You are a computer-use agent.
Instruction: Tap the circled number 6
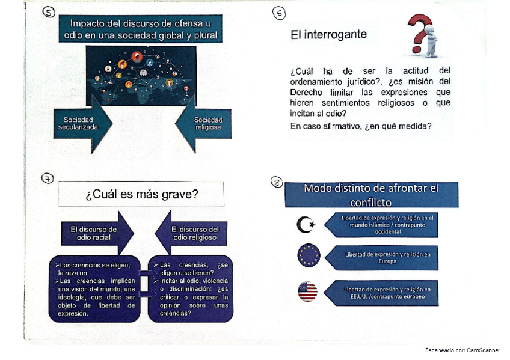279,13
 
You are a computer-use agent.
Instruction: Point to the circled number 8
277,182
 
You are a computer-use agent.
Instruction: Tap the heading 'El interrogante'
328,35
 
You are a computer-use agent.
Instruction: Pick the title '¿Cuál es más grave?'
141,194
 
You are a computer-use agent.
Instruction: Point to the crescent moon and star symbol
306,224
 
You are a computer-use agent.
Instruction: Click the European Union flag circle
309,255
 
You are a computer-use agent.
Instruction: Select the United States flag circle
307,291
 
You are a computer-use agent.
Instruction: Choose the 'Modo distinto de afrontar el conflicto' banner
371,195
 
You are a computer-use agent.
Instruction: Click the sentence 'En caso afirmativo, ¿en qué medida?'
360,126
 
